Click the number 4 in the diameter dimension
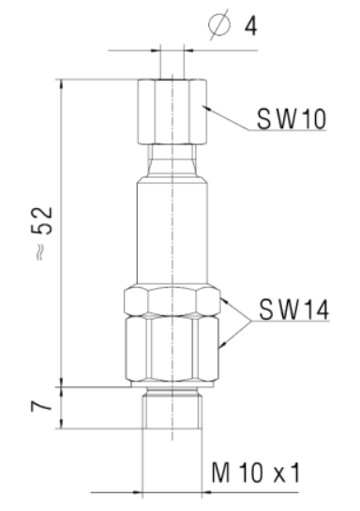click(x=250, y=24)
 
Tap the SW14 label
click(x=292, y=311)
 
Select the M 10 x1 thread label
click(x=255, y=474)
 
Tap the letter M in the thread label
click(x=220, y=474)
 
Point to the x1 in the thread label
click(x=285, y=474)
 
